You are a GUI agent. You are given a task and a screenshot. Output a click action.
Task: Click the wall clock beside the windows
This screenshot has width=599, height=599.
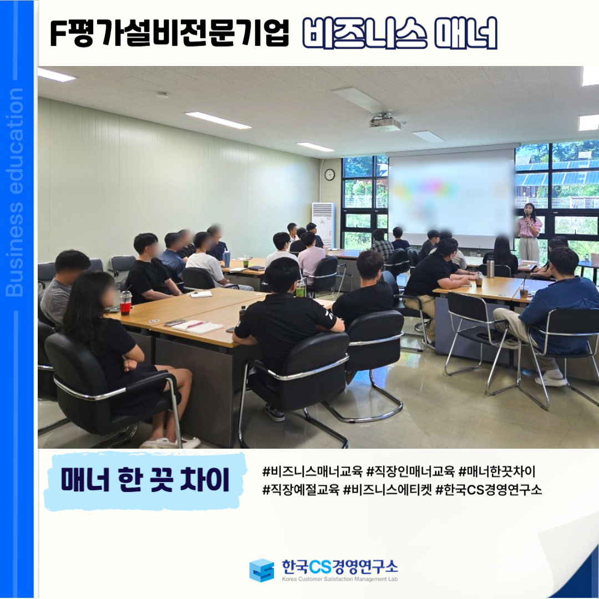click(x=329, y=175)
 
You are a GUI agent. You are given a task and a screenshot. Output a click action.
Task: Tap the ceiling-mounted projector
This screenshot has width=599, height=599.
click(x=384, y=122)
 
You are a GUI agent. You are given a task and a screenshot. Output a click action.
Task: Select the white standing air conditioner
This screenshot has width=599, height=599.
click(x=323, y=225)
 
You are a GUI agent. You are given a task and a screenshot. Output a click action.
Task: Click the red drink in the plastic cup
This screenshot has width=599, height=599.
click(x=125, y=303)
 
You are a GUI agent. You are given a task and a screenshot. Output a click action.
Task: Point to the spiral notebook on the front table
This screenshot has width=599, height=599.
click(x=197, y=327)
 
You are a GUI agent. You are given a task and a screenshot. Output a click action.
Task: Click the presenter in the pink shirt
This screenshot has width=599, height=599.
click(x=529, y=231)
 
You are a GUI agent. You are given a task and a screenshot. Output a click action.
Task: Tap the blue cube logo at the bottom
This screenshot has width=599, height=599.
click(x=262, y=570)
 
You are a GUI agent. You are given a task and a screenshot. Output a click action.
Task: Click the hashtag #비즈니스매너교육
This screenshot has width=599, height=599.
click(x=312, y=472)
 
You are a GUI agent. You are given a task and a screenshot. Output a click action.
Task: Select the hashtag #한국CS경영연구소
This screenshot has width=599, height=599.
click(x=489, y=489)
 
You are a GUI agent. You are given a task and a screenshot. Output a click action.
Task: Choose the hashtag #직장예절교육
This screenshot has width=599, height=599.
click(x=301, y=489)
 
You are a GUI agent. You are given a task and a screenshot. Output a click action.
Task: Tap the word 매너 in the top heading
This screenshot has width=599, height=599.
click(x=466, y=33)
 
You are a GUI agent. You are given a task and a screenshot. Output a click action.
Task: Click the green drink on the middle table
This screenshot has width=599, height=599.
click(x=301, y=288)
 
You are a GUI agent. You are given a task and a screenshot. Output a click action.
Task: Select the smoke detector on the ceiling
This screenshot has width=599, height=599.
click(x=163, y=94)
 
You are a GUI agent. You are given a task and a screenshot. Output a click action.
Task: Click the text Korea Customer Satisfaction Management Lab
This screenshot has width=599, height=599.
click(x=340, y=579)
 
